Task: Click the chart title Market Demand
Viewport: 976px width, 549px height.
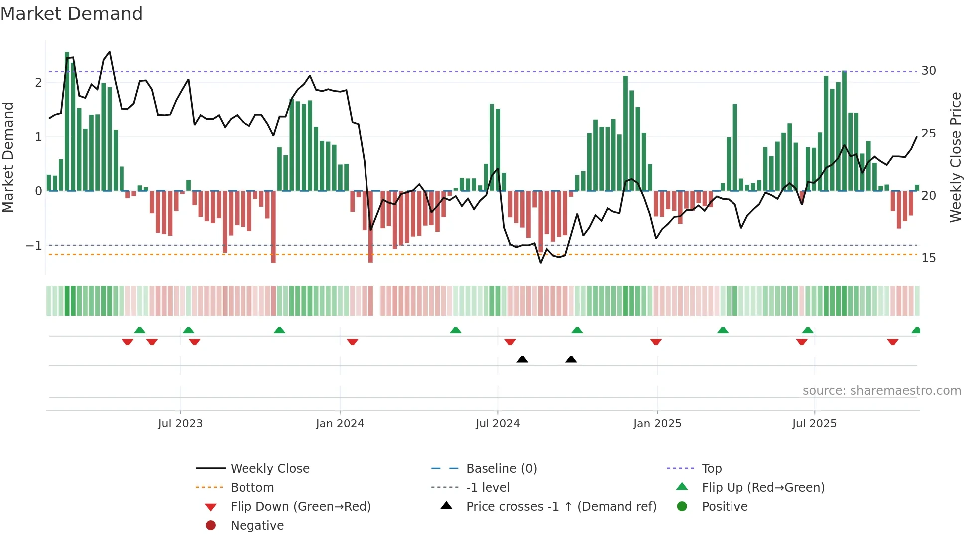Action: tap(72, 14)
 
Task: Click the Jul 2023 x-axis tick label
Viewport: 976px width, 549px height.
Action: tap(180, 424)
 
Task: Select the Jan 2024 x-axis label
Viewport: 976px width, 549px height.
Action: tap(340, 424)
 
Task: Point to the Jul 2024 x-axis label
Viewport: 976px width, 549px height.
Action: tap(498, 424)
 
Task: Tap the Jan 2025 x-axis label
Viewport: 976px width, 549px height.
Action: tap(657, 424)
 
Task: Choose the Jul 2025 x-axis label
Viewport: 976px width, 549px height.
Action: tap(815, 424)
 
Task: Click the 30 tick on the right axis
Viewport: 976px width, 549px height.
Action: tap(929, 71)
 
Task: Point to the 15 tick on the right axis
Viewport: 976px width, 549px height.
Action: tap(929, 258)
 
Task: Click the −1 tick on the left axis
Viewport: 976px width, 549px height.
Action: tap(34, 246)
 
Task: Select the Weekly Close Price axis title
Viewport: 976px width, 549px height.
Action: tap(955, 157)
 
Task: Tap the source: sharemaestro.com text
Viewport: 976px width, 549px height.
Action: tap(881, 391)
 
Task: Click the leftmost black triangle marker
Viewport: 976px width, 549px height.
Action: tap(522, 360)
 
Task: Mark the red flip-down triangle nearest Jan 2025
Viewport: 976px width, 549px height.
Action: tap(656, 342)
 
